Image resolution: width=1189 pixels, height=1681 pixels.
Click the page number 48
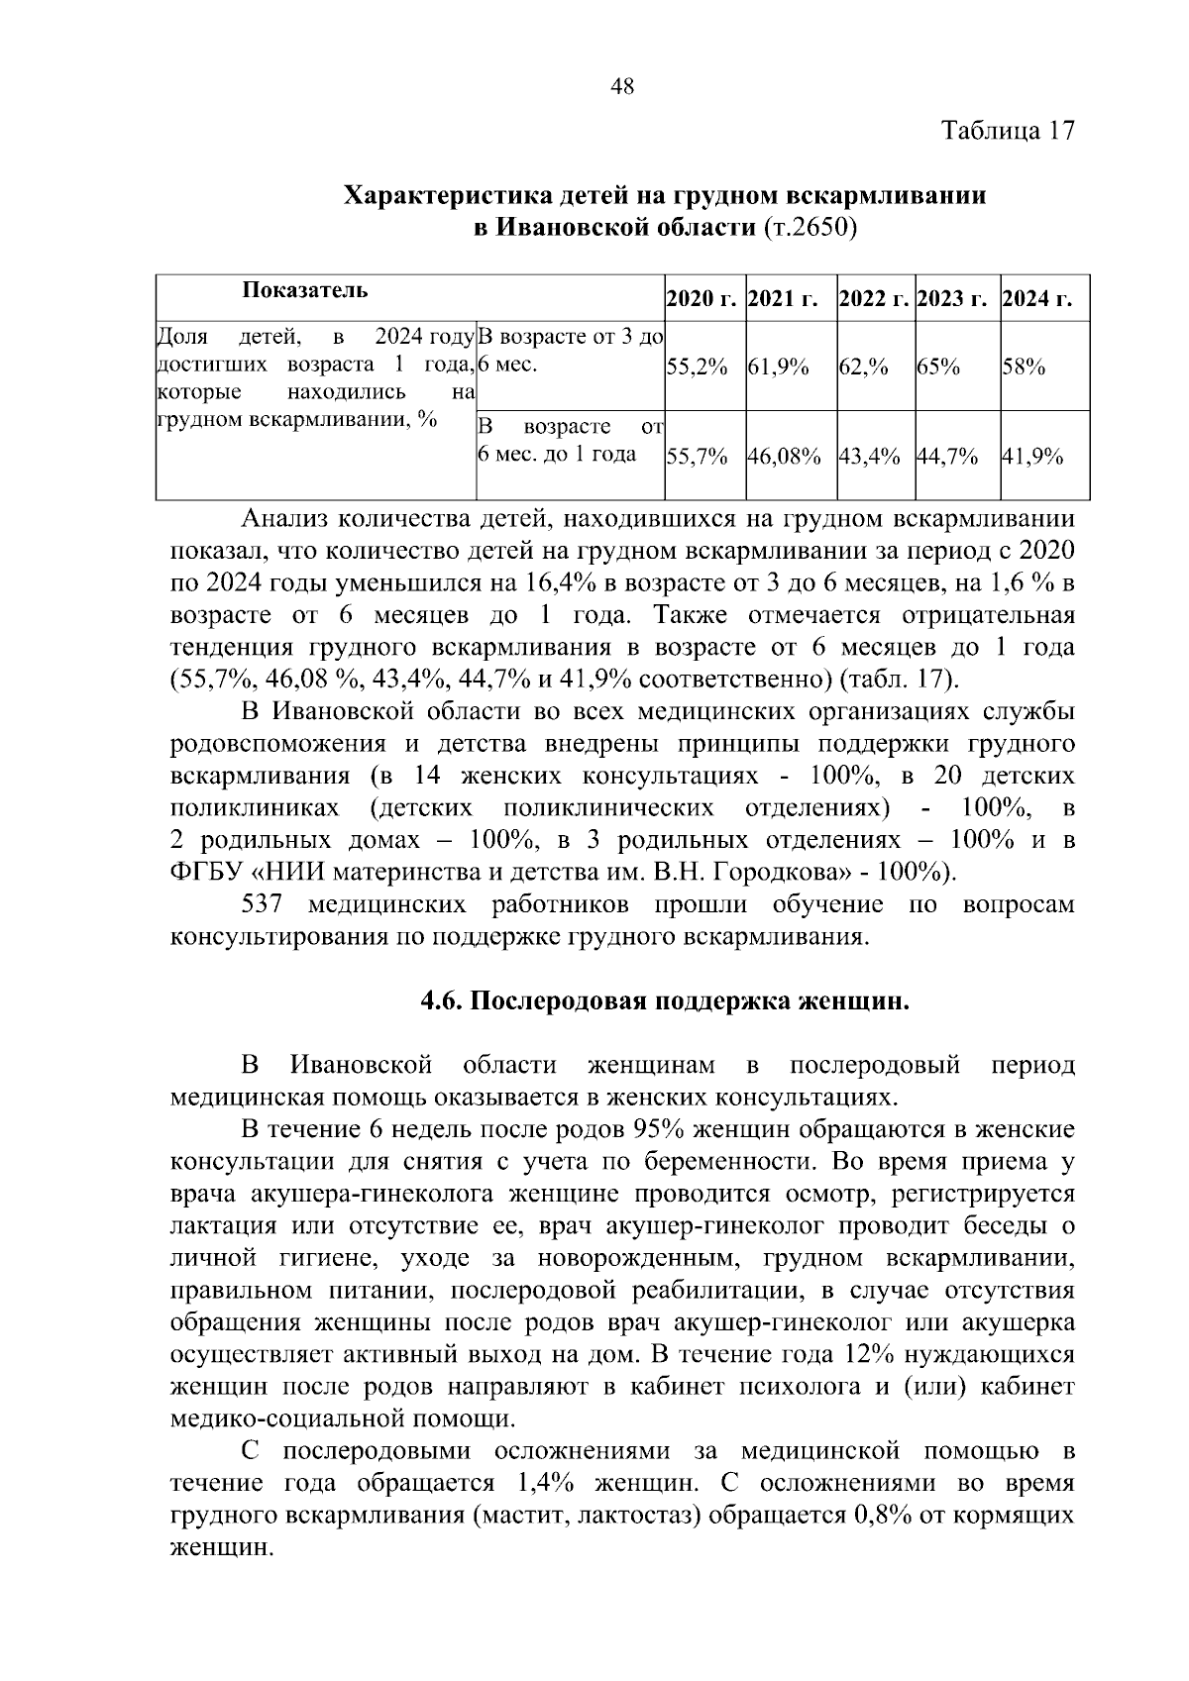click(623, 87)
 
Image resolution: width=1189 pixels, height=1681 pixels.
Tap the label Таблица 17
click(1008, 131)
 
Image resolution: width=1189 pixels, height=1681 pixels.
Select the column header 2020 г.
click(703, 298)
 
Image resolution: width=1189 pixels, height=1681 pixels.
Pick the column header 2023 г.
click(957, 298)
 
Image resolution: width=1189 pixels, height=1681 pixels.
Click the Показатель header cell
click(304, 290)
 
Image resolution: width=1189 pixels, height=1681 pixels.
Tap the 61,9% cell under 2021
click(779, 368)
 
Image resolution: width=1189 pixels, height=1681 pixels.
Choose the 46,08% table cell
click(784, 457)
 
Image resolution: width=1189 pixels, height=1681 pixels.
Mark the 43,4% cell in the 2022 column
click(869, 457)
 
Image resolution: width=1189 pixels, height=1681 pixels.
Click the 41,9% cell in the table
click(1033, 457)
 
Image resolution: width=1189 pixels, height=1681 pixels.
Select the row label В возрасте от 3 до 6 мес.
click(570, 351)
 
